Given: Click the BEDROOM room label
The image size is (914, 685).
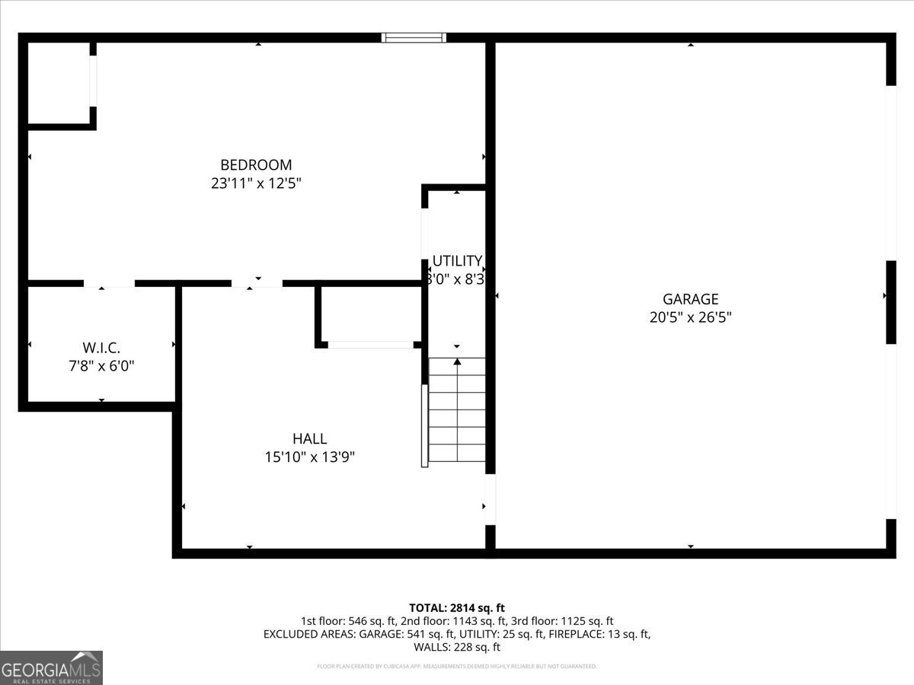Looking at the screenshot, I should click(256, 164).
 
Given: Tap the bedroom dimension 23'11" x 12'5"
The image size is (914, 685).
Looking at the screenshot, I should click(256, 183).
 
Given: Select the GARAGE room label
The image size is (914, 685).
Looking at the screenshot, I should click(690, 299).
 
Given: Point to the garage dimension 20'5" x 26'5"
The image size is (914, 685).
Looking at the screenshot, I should click(690, 317).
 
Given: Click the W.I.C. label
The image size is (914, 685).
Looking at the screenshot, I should click(101, 347).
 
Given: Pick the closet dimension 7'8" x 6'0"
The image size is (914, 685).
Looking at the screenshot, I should click(101, 365).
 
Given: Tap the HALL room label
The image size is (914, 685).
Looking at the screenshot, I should click(309, 438).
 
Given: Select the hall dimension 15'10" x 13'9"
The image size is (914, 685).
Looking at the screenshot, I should click(309, 457).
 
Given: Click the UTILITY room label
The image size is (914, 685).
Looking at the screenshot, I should click(457, 261).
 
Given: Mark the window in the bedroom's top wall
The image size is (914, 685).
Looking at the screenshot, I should click(414, 37).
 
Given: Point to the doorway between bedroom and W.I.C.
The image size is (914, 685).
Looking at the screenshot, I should click(109, 283).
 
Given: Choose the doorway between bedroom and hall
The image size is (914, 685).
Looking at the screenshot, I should click(257, 283).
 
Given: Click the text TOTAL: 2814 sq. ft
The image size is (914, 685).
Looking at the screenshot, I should click(457, 607).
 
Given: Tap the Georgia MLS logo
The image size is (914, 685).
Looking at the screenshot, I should click(51, 667).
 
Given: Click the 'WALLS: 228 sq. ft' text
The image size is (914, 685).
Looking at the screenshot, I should click(457, 647).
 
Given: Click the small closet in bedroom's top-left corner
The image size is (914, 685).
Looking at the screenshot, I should click(59, 82).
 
